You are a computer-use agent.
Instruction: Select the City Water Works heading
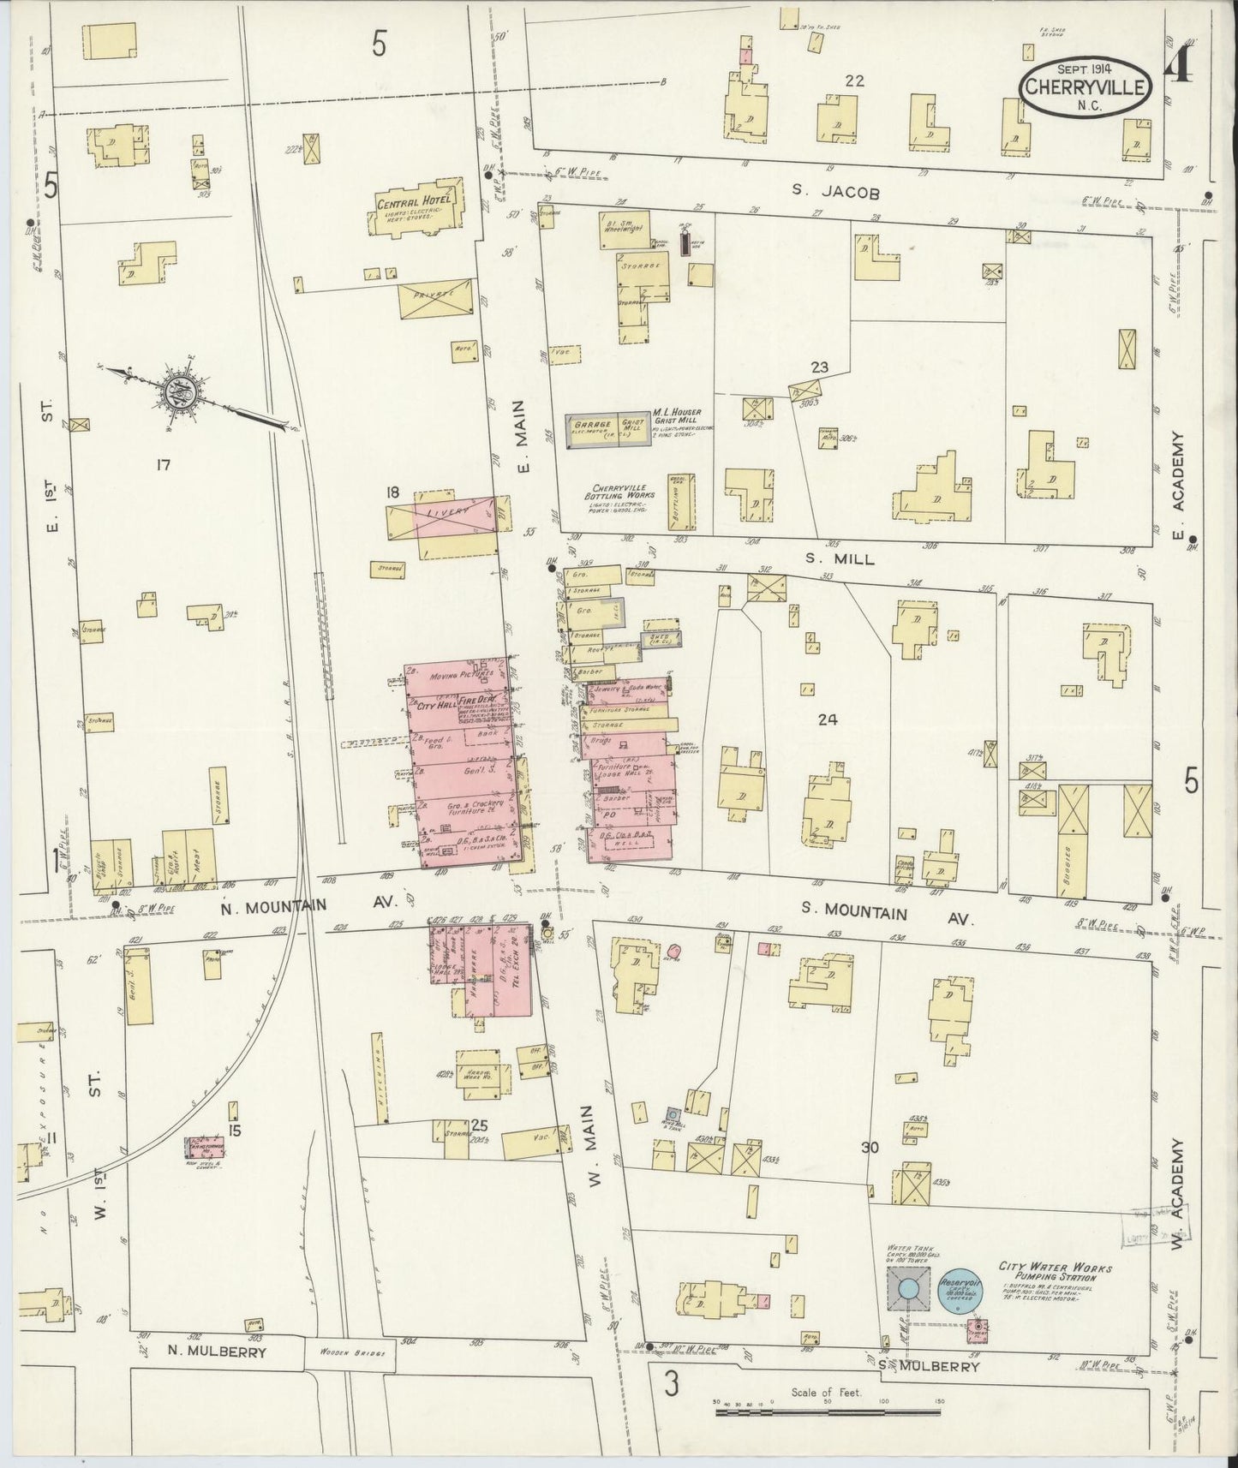click(1055, 1267)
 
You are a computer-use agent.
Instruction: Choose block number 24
click(826, 720)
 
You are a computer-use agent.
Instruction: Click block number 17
click(164, 465)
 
